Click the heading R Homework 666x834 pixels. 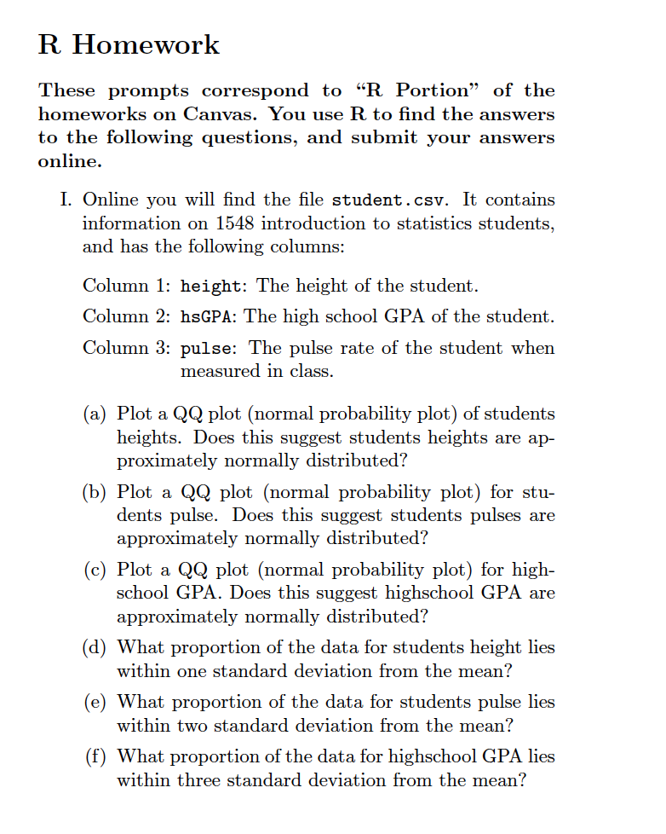(129, 44)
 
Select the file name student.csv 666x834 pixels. (393, 200)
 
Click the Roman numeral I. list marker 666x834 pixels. (66, 200)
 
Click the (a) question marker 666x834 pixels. (95, 414)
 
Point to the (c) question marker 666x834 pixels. (95, 570)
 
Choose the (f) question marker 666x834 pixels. (95, 756)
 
